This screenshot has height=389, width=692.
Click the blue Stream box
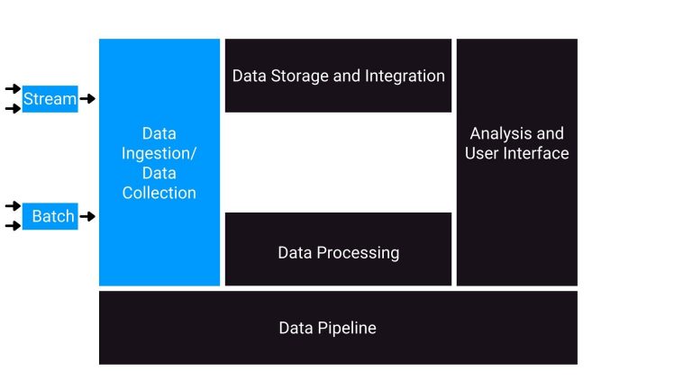pyautogui.click(x=50, y=99)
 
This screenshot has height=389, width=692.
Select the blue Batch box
pyautogui.click(x=52, y=217)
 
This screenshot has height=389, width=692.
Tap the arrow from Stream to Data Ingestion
pyautogui.click(x=87, y=99)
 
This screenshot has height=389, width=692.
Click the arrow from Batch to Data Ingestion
pyautogui.click(x=87, y=217)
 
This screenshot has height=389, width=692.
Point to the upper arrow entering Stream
pyautogui.click(x=13, y=88)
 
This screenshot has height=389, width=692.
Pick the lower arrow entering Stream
pyautogui.click(x=13, y=109)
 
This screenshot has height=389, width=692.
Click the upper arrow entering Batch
pyautogui.click(x=13, y=206)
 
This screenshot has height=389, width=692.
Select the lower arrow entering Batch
pyautogui.click(x=13, y=226)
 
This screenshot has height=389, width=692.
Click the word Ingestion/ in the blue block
pyautogui.click(x=159, y=153)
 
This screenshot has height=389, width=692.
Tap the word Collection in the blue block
pyautogui.click(x=159, y=193)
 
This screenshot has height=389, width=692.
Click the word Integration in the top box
pyautogui.click(x=405, y=76)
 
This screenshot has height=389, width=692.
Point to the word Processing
pyautogui.click(x=359, y=253)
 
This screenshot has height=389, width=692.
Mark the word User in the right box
pyautogui.click(x=481, y=154)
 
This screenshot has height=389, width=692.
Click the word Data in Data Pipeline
pyautogui.click(x=296, y=328)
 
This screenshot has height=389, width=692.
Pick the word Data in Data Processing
pyautogui.click(x=296, y=253)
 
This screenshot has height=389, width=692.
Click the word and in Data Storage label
pyautogui.click(x=347, y=76)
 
